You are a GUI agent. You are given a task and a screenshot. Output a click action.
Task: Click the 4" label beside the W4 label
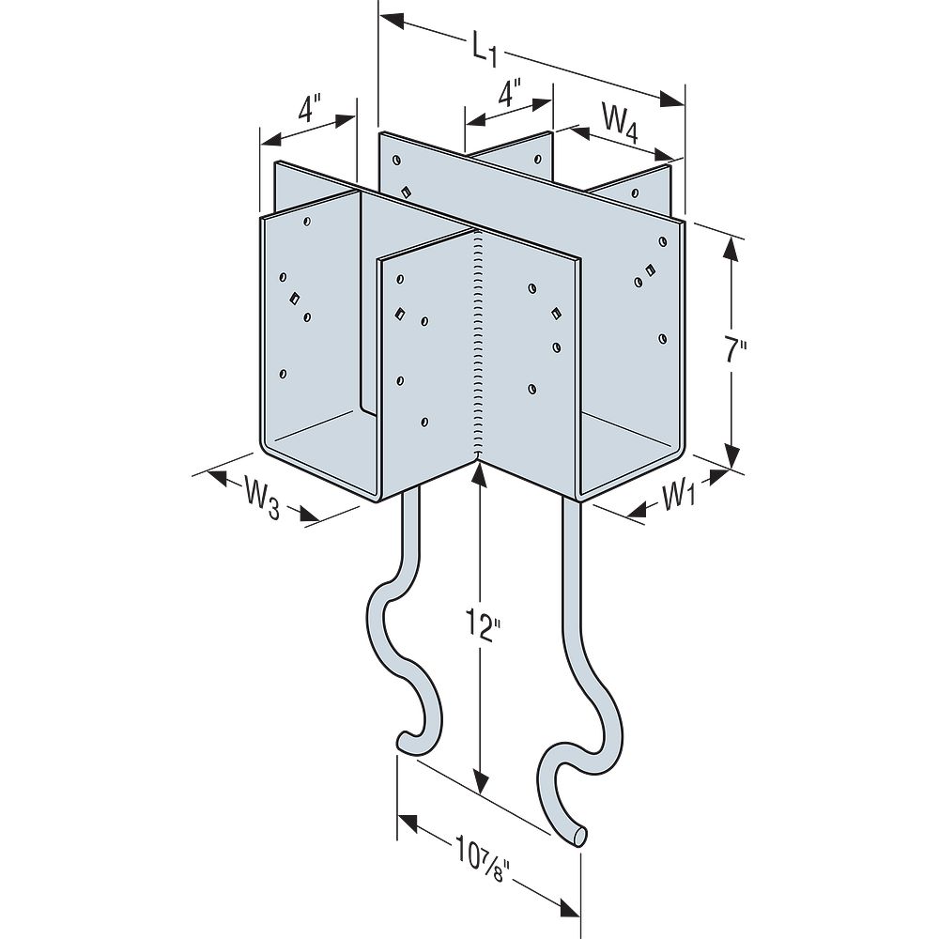pos(510,96)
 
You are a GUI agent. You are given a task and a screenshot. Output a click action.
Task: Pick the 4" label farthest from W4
pos(311,111)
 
